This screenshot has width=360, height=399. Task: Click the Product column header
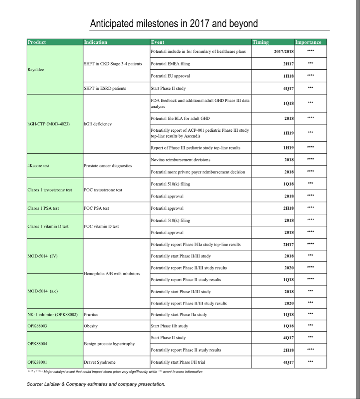[x=37, y=42]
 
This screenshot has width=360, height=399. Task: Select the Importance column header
[x=308, y=42]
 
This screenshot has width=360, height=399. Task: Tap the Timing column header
[x=260, y=42]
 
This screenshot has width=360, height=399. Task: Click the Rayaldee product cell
[x=36, y=70]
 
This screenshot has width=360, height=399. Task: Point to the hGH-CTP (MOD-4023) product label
[x=49, y=124]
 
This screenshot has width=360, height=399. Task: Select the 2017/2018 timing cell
[x=284, y=52]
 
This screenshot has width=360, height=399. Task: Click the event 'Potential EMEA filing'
[x=171, y=64]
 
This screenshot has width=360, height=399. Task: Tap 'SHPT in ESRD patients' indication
[x=105, y=88]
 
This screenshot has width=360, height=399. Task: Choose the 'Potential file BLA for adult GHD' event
[x=180, y=118]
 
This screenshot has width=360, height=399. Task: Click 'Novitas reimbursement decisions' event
[x=181, y=160]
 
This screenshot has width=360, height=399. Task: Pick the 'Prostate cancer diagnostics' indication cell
[x=108, y=166]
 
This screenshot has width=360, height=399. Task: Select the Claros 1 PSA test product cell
[x=43, y=208]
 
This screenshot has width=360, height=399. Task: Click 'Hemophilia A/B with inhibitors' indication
[x=112, y=273]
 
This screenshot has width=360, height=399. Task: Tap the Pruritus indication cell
[x=91, y=315]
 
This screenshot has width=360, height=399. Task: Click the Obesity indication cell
[x=91, y=326]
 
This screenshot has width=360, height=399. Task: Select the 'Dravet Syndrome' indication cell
[x=100, y=362]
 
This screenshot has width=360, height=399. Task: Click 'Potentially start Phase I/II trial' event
[x=178, y=362]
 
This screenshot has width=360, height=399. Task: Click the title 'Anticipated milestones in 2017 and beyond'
[x=174, y=24]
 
